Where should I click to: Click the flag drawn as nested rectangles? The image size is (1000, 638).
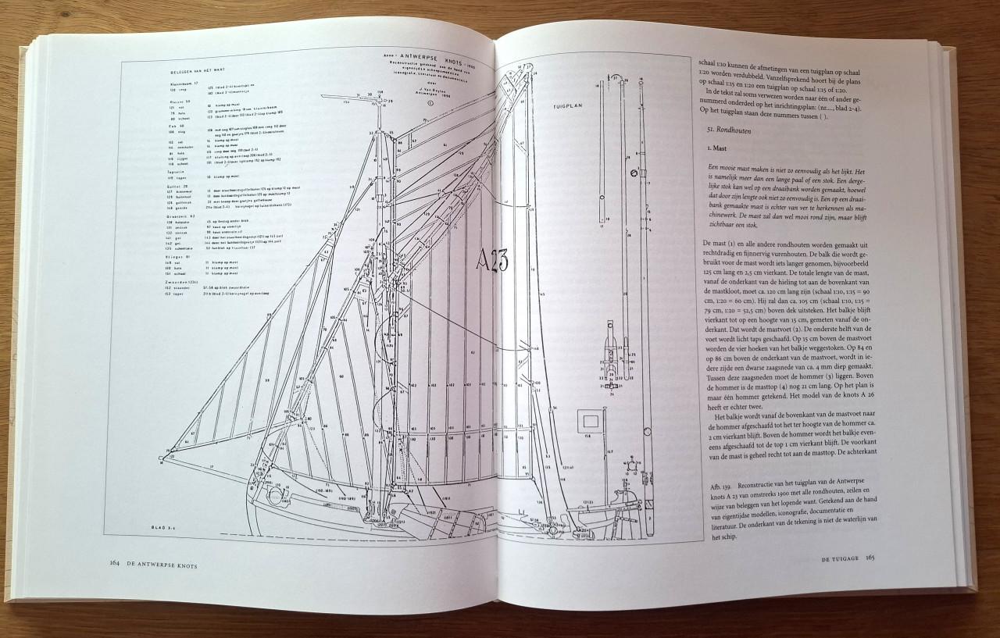(x=589, y=422)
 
